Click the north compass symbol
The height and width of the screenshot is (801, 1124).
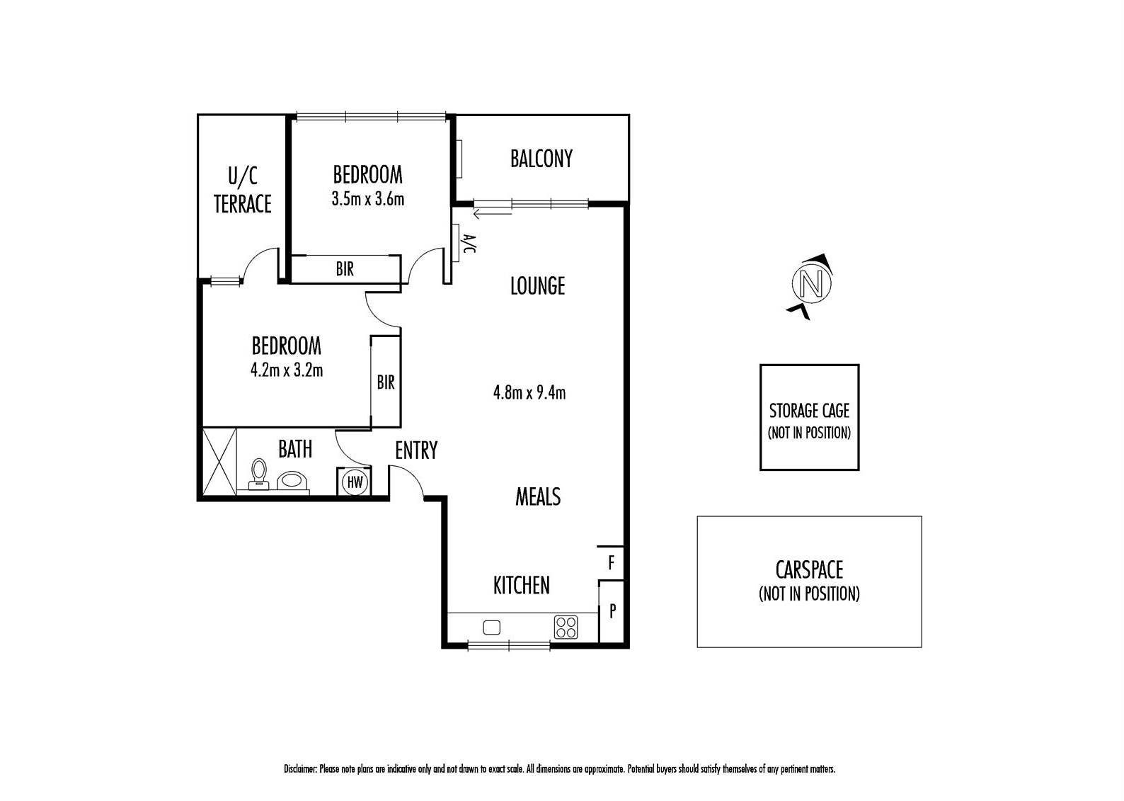pyautogui.click(x=811, y=284)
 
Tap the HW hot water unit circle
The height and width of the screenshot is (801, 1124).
pyautogui.click(x=355, y=482)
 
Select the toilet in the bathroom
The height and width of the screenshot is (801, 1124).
pyautogui.click(x=259, y=474)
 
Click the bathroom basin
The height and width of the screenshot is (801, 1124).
pyautogui.click(x=292, y=481)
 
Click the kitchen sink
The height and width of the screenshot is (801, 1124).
pyautogui.click(x=492, y=627)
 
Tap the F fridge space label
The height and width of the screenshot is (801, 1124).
pyautogui.click(x=611, y=562)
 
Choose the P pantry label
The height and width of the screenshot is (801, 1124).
pyautogui.click(x=612, y=610)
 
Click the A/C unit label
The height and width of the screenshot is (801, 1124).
pyautogui.click(x=469, y=243)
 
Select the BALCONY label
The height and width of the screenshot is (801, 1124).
pyautogui.click(x=541, y=159)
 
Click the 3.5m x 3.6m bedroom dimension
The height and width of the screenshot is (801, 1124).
pyautogui.click(x=368, y=200)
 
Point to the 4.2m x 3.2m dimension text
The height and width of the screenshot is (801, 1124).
pyautogui.click(x=287, y=370)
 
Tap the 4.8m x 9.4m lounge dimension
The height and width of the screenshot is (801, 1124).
pyautogui.click(x=529, y=392)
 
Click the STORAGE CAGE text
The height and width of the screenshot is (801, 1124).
pyautogui.click(x=810, y=411)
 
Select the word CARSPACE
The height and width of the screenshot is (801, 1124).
pyautogui.click(x=810, y=570)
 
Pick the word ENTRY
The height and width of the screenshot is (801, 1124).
pyautogui.click(x=416, y=450)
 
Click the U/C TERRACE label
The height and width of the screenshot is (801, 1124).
pyautogui.click(x=243, y=191)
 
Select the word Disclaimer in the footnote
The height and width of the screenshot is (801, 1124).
pyautogui.click(x=301, y=769)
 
